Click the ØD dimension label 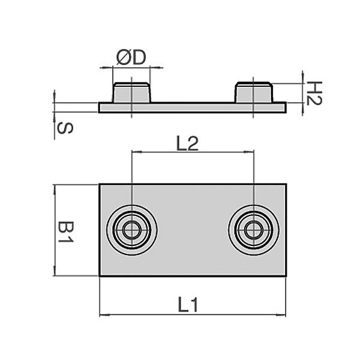pyautogui.click(x=131, y=58)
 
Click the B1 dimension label pyautogui.click(x=65, y=231)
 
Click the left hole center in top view pyautogui.click(x=131, y=230)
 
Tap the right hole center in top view pyautogui.click(x=254, y=230)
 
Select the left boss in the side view pyautogui.click(x=131, y=92)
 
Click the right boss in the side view pyautogui.click(x=254, y=92)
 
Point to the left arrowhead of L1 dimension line pyautogui.click(x=103, y=314)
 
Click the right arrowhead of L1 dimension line pyautogui.click(x=283, y=314)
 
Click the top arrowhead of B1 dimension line pyautogui.click(x=55, y=188)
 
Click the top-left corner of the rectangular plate pyautogui.click(x=100, y=184)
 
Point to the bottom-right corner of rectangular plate pyautogui.click(x=286, y=276)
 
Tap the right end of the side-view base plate pyautogui.click(x=286, y=107)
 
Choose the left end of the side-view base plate pyautogui.click(x=100, y=107)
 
